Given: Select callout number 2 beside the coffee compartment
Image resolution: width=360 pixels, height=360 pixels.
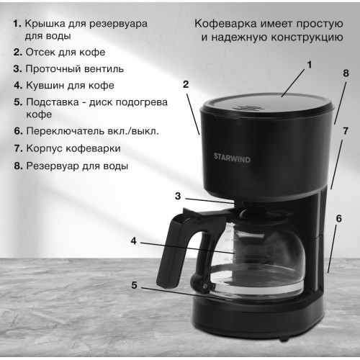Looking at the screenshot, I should click(186, 84).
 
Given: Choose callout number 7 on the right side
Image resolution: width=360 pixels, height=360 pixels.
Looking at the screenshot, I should click(345, 131).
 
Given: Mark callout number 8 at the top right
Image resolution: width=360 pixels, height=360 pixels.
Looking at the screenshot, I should click(345, 73).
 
